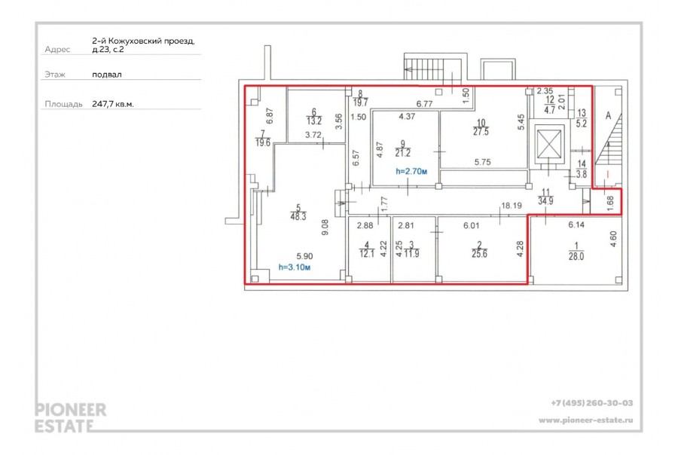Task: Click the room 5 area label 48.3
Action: [298, 216]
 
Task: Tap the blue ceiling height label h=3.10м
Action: [295, 267]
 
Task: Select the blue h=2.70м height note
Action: [411, 171]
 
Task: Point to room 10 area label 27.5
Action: [481, 132]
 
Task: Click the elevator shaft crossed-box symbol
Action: [550, 145]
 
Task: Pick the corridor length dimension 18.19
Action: [512, 206]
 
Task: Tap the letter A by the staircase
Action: [609, 115]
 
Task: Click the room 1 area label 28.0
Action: [576, 256]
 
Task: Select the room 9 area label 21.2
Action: [403, 153]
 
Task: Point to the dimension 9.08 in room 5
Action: [325, 227]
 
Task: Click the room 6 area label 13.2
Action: [314, 121]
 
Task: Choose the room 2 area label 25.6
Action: [480, 254]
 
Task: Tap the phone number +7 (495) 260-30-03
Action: [592, 403]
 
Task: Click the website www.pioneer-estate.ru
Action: [586, 420]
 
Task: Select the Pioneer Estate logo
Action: [71, 418]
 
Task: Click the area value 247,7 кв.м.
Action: [113, 104]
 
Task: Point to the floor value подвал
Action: [107, 75]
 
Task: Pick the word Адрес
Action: [57, 50]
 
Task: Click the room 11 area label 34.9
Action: [545, 200]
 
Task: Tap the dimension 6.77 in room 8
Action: [424, 104]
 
